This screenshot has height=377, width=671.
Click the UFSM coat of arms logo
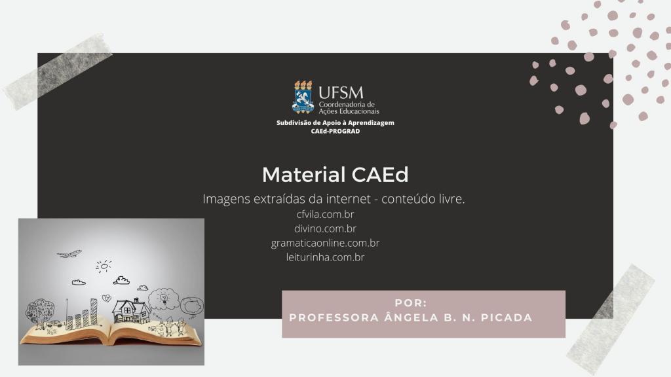303,97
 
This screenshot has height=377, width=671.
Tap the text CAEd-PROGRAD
335,131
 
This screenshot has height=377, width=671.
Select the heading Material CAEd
335,174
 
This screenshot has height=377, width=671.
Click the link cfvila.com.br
325,214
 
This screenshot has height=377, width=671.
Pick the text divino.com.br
325,228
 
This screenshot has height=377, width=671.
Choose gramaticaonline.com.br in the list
325,243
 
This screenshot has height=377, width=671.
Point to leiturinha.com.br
325,257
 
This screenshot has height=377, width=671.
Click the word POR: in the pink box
411,303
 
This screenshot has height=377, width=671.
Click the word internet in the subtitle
349,199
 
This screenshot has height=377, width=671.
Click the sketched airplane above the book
69,254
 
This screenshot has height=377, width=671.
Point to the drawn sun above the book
104,266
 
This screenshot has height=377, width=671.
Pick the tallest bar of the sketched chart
93,312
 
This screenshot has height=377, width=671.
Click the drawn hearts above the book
106,298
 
